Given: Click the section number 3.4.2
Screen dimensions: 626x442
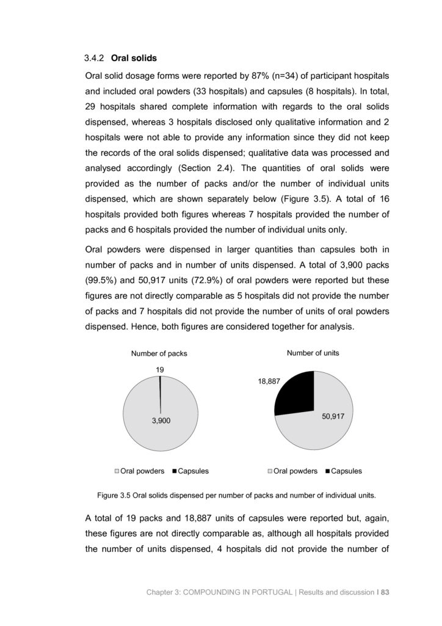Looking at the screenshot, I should click(x=95, y=58).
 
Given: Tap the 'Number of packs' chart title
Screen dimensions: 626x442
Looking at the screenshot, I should click(x=159, y=353).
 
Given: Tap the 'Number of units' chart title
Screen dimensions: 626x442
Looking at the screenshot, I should click(x=313, y=353).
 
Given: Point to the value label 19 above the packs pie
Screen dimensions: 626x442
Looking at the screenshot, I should click(x=159, y=369).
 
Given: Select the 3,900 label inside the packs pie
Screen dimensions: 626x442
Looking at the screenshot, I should click(x=161, y=421).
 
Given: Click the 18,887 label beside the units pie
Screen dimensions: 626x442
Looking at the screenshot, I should click(x=268, y=381).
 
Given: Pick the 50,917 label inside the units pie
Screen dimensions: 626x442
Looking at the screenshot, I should click(x=334, y=416).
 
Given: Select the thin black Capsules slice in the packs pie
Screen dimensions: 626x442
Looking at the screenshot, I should click(x=160, y=385).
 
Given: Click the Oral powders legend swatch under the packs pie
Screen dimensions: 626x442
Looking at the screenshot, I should click(x=117, y=471).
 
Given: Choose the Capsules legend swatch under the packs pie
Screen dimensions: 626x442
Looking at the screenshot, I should click(x=175, y=471).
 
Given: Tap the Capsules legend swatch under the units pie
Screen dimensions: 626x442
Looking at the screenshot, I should click(x=328, y=471).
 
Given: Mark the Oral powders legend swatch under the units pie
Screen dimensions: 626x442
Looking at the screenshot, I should click(x=270, y=471).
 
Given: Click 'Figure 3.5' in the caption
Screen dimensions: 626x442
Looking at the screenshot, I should click(x=114, y=495).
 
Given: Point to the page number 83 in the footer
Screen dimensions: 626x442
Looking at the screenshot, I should click(x=385, y=592).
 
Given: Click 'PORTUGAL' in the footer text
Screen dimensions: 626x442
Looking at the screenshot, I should click(x=270, y=592).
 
